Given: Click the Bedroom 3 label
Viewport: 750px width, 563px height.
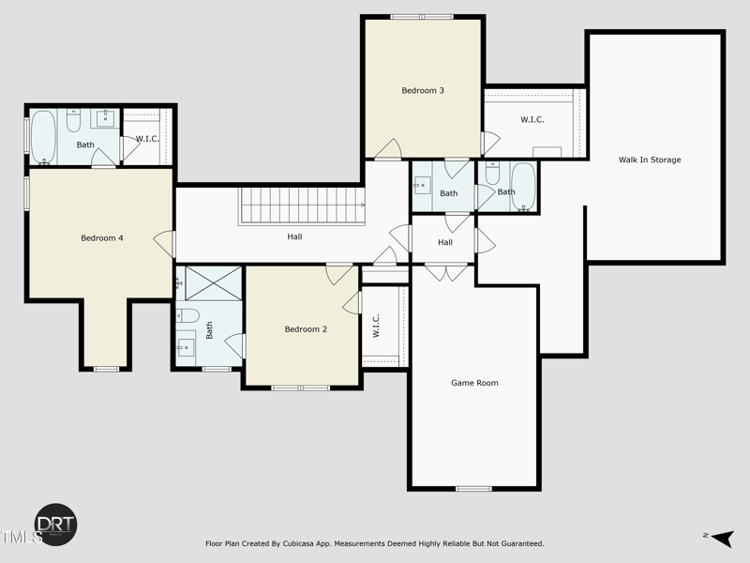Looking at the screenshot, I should pyautogui.click(x=422, y=91).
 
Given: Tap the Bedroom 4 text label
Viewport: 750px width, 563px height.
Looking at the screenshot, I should pyautogui.click(x=102, y=238).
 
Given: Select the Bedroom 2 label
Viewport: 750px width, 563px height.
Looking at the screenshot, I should pyautogui.click(x=306, y=329).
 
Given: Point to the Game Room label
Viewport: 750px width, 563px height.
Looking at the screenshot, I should pyautogui.click(x=474, y=383).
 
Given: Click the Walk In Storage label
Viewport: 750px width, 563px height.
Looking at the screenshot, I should pyautogui.click(x=649, y=160).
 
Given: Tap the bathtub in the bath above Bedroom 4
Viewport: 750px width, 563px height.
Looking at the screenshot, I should pyautogui.click(x=44, y=137).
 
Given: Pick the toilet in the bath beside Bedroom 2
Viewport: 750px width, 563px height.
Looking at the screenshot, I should pyautogui.click(x=187, y=315).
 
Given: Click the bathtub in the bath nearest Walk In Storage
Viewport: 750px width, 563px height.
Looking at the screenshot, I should pyautogui.click(x=522, y=186).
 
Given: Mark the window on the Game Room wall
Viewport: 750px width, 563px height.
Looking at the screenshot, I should pyautogui.click(x=473, y=488).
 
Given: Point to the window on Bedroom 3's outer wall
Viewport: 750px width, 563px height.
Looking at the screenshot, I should pyautogui.click(x=422, y=17).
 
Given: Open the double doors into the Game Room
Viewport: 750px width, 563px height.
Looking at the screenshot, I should pyautogui.click(x=444, y=272).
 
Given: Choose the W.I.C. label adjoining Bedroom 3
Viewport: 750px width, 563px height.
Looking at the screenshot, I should pyautogui.click(x=532, y=120).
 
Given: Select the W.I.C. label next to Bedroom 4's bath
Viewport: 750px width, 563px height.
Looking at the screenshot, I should pyautogui.click(x=147, y=140).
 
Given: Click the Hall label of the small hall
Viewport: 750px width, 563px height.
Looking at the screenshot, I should pyautogui.click(x=444, y=243).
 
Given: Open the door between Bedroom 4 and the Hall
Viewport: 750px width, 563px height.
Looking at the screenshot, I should pyautogui.click(x=170, y=243).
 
